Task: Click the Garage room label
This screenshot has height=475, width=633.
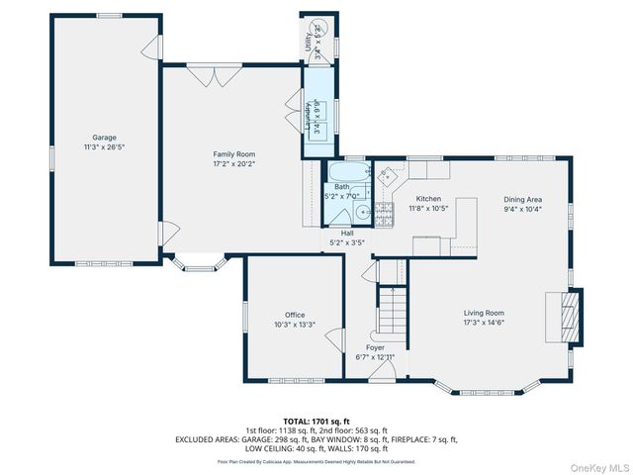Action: (x=104, y=137)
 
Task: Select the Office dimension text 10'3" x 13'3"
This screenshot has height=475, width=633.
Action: (x=294, y=324)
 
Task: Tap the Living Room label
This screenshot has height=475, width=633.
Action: (x=484, y=314)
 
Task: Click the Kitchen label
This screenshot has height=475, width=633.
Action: (x=428, y=199)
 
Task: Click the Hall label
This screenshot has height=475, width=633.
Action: (x=347, y=233)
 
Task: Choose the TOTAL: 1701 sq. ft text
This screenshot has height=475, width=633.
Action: (x=316, y=422)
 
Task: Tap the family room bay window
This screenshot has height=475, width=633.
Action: (x=203, y=263)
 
